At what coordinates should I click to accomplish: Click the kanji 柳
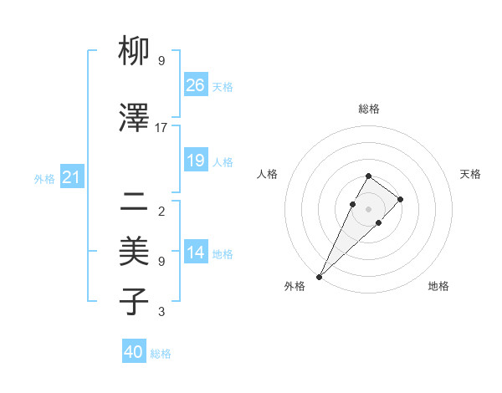pos(135,54)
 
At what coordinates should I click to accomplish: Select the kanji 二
pos(135,201)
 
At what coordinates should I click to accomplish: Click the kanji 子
pos(135,301)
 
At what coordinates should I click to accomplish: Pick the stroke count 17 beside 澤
pos(161,128)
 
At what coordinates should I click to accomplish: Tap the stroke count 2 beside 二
pos(161,211)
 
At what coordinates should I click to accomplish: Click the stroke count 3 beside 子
pos(161,312)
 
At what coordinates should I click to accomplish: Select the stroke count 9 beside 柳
pos(161,61)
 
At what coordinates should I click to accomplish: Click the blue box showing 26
pos(196,85)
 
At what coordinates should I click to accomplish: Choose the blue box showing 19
pos(196,161)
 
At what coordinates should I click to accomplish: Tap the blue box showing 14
pos(196,253)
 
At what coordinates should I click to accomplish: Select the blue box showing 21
pos(72,178)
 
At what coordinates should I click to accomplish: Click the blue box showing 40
pos(134,352)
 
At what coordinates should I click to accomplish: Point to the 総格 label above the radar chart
pos(369,109)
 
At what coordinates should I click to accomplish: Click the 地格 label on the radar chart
pos(438,286)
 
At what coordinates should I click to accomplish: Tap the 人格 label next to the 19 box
pos(223,161)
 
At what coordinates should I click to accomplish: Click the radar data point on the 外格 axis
pos(320,276)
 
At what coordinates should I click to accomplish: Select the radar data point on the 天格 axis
pos(401,199)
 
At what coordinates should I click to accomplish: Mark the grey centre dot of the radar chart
pos(368,208)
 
